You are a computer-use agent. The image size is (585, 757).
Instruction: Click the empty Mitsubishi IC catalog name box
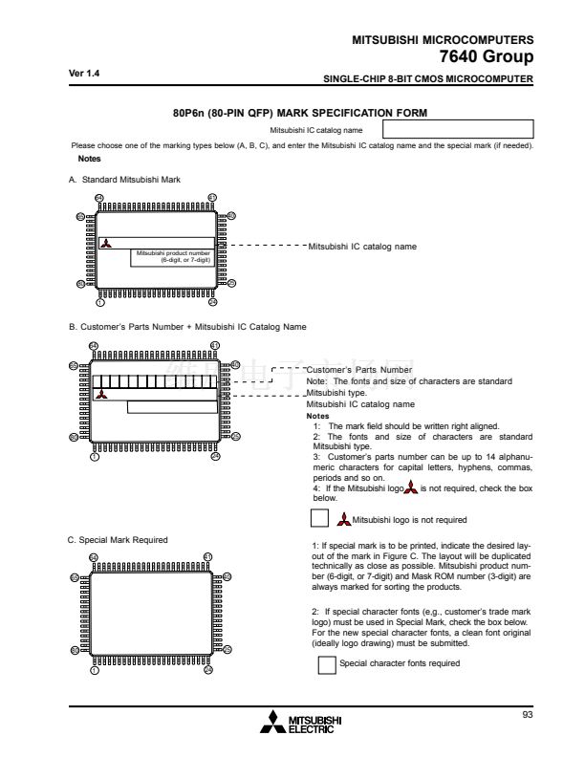tap(457, 129)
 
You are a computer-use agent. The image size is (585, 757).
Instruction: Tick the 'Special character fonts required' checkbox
tap(327, 663)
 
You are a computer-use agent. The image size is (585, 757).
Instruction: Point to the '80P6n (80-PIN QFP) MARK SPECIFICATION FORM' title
tap(299, 113)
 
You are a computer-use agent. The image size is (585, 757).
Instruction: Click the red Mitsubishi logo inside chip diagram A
tap(105, 244)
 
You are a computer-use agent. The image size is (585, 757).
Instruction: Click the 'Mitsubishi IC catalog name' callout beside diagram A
tap(362, 246)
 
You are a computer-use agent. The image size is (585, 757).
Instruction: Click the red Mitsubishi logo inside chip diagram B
tap(102, 394)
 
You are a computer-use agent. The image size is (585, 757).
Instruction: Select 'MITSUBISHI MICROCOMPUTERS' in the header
tap(443, 39)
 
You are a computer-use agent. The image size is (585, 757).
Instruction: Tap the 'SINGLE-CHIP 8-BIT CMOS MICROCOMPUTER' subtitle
tap(428, 78)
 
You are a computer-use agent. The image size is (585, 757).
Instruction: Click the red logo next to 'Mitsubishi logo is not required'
tap(344, 520)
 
